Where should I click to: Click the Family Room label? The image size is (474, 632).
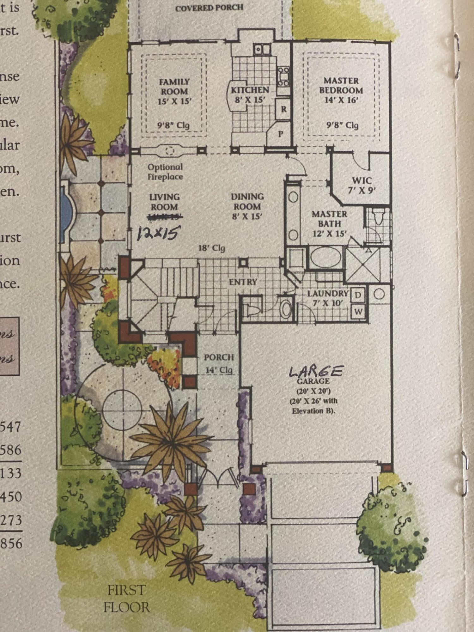point(174,91)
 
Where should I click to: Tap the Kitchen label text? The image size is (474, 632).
point(250,90)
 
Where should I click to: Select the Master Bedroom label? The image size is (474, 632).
point(341,90)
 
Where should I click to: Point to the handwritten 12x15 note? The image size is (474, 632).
point(157,234)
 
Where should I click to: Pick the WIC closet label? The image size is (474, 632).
point(362,181)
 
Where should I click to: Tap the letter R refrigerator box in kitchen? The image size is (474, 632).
point(283,109)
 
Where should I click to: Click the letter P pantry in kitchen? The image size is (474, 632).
point(280,134)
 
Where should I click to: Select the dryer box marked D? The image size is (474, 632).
point(358,295)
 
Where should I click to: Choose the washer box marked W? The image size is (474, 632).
point(358,312)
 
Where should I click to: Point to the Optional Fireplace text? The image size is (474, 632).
point(165,172)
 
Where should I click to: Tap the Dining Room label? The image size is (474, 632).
point(247,206)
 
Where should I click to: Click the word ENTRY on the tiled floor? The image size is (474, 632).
point(243,282)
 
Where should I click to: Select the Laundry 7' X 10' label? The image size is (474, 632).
point(328,298)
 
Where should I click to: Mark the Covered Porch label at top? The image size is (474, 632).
point(209,8)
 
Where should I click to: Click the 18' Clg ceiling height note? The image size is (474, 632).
point(211,248)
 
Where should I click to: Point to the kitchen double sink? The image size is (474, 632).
point(263,49)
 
